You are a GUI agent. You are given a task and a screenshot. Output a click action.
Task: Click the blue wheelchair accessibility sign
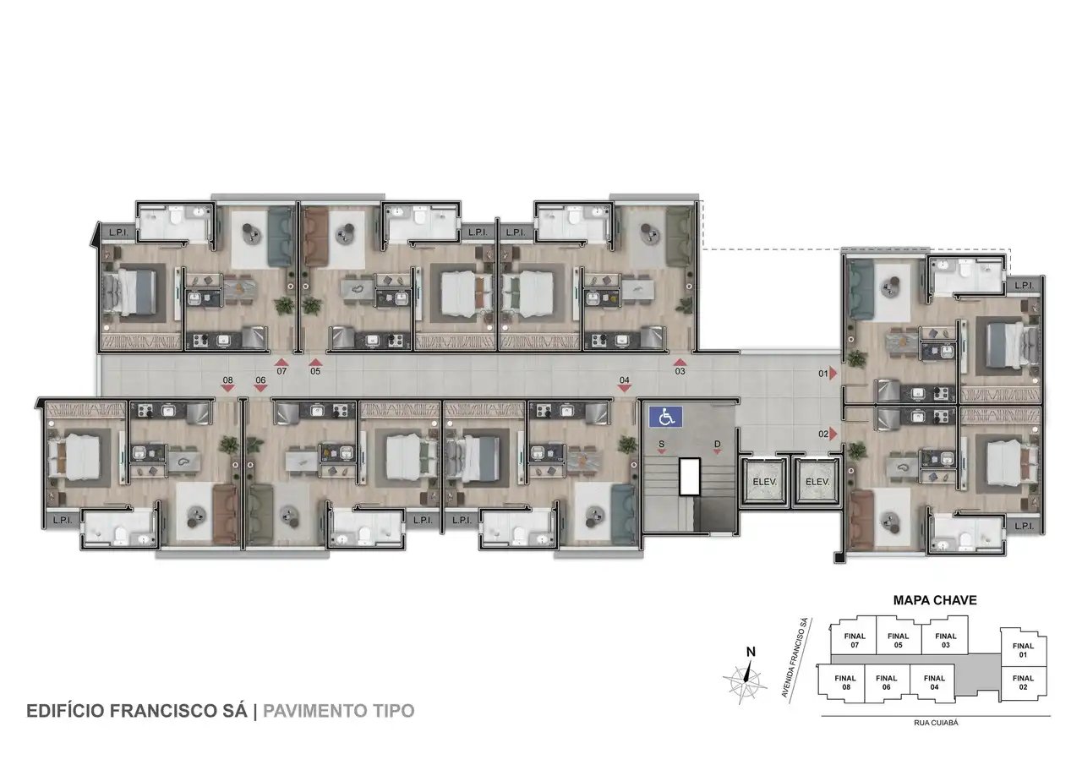click(x=665, y=417)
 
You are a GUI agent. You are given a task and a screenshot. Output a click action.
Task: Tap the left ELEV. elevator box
click(x=764, y=482)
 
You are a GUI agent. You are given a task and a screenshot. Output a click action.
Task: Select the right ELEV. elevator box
click(x=817, y=482)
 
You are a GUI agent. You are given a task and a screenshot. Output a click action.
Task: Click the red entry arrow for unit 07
click(x=281, y=363)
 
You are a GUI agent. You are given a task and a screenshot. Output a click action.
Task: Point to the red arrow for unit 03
click(x=680, y=363)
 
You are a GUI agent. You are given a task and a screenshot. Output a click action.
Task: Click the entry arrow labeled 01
click(x=833, y=374)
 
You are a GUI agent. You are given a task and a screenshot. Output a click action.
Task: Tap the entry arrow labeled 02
click(x=833, y=434)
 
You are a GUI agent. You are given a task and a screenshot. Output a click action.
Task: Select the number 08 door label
click(x=228, y=380)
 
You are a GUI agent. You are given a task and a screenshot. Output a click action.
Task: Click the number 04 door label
click(x=624, y=380)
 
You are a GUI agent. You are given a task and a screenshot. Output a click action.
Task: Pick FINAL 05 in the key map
click(x=898, y=641)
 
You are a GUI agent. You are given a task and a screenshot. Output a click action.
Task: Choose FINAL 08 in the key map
click(x=845, y=682)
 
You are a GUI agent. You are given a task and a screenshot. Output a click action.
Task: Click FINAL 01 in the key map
click(x=1023, y=650)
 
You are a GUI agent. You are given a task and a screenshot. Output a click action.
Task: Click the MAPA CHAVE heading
click(x=935, y=600)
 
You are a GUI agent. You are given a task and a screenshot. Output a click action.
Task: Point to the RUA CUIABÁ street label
click(x=936, y=723)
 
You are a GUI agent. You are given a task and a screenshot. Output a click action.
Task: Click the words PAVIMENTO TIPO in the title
click(x=339, y=711)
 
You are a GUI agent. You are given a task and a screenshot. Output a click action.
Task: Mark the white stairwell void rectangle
click(x=689, y=477)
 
